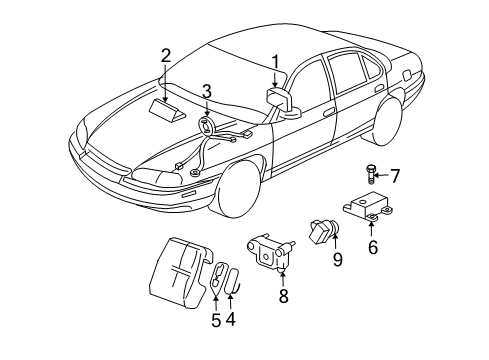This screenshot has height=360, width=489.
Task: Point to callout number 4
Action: (230, 320)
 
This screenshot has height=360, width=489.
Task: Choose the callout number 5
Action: (214, 320)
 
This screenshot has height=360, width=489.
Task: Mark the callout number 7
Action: (394, 177)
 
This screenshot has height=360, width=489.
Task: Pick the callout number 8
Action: (284, 296)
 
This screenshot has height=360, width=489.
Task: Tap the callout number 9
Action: (337, 260)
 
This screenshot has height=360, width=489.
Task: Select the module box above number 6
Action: (371, 212)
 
